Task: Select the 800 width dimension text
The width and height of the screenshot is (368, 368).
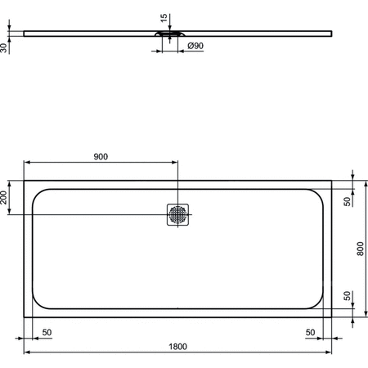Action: coord(361,247)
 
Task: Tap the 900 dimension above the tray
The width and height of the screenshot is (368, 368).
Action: coord(101,156)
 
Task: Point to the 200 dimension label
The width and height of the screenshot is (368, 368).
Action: coord(5,197)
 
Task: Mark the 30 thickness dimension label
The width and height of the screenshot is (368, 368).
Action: coord(5,48)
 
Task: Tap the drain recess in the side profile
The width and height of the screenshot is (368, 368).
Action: coord(173,34)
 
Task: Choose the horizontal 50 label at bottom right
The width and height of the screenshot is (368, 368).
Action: coord(310,331)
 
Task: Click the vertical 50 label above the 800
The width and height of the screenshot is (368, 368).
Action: coord(347,200)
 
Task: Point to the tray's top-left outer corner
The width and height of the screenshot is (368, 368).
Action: coord(25,181)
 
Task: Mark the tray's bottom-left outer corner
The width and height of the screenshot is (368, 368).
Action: coord(25,314)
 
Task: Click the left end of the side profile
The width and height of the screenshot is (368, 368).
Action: coord(25,33)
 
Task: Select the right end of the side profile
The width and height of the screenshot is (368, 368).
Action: coord(333,33)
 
